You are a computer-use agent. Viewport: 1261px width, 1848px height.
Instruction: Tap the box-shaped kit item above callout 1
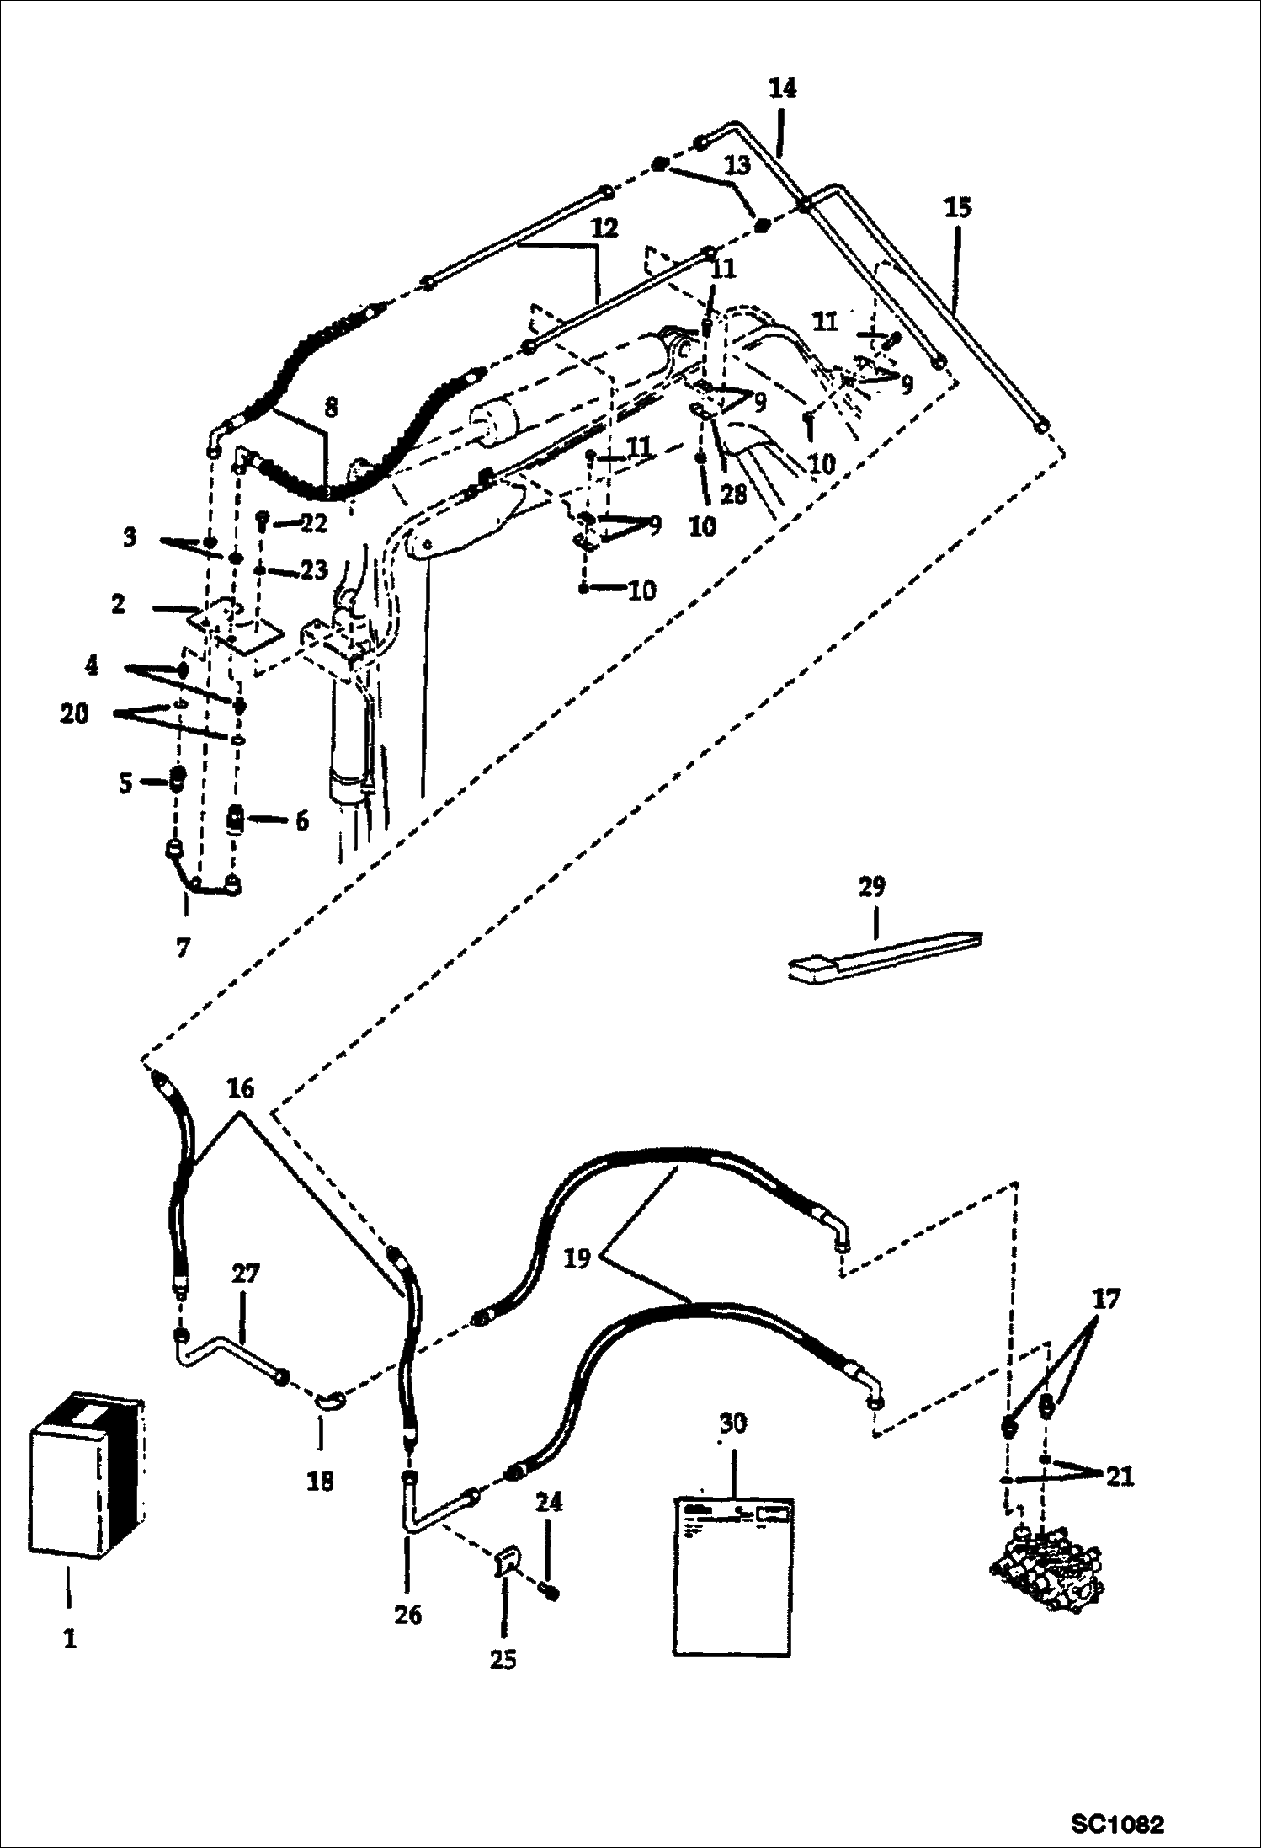tap(84, 1474)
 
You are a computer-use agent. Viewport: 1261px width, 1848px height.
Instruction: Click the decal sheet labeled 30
tap(732, 1576)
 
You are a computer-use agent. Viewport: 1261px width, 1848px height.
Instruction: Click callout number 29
tap(872, 886)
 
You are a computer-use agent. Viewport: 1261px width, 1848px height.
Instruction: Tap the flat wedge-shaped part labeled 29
tap(884, 956)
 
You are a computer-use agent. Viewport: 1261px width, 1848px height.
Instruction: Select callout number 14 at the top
tap(782, 88)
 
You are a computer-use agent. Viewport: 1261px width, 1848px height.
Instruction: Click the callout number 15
tap(957, 207)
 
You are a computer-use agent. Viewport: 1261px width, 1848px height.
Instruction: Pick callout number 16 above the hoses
tap(240, 1088)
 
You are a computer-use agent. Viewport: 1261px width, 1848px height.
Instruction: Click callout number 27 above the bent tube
tap(245, 1274)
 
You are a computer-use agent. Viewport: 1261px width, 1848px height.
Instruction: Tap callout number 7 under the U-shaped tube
tap(183, 948)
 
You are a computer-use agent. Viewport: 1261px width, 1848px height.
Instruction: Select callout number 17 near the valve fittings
tap(1106, 1299)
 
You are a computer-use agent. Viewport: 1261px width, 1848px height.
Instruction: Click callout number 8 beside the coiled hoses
tap(330, 408)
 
